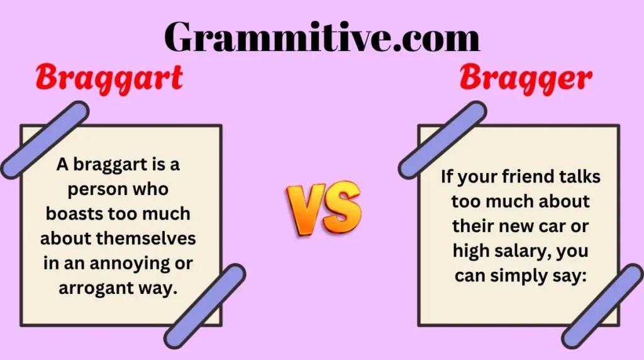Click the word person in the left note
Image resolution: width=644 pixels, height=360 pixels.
[93, 189]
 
